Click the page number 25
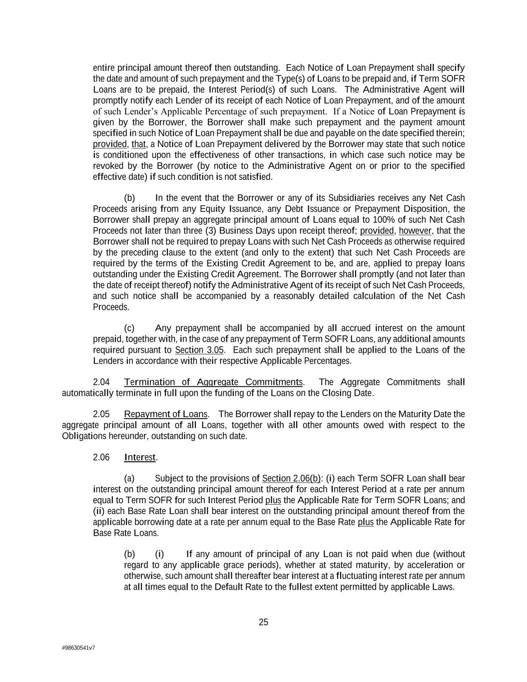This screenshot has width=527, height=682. point(263,622)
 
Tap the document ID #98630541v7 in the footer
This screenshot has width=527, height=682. point(78,648)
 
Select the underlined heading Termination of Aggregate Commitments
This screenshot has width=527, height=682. point(213,382)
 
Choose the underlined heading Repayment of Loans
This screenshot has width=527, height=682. point(165,414)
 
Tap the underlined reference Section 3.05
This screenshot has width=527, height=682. point(199,350)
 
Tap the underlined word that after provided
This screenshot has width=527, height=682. point(138,144)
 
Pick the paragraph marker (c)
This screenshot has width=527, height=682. point(129,328)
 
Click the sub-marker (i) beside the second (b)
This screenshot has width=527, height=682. point(159,554)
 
